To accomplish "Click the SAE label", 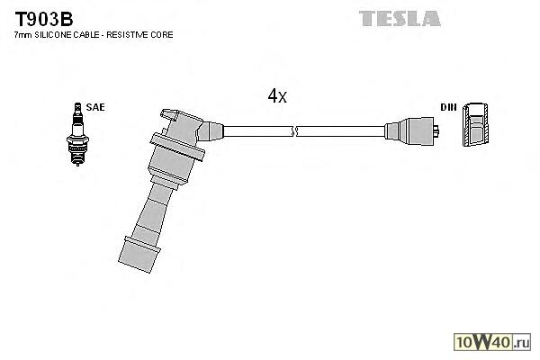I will click(95, 107).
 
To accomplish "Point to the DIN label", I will click(448, 107).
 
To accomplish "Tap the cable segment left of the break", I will click(256, 131).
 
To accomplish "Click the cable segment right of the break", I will click(342, 131).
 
